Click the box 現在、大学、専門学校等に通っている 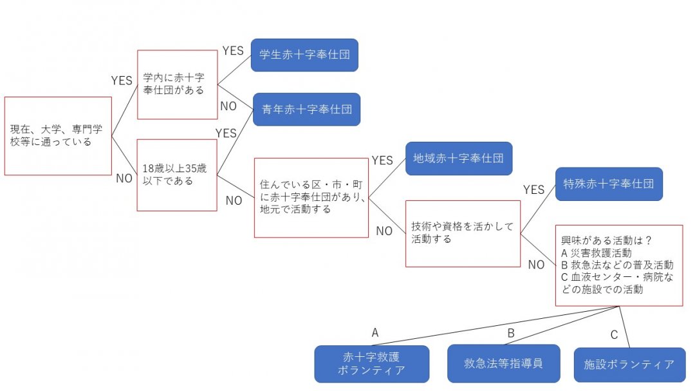click(58, 136)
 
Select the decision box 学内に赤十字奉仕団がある click(178, 84)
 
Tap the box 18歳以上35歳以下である click(177, 175)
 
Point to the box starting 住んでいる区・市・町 click(311, 197)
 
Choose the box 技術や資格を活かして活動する click(463, 233)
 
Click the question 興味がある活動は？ click(607, 241)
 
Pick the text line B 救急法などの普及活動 click(617, 265)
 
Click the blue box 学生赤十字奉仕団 click(304, 55)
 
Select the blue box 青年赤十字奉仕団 click(306, 110)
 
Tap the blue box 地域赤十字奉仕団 click(459, 158)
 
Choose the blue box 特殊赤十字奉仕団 click(609, 184)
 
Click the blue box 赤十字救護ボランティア click(372, 364)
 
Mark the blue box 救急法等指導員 click(503, 363)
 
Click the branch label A click(375, 333)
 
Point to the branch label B click(511, 333)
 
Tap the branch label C click(614, 334)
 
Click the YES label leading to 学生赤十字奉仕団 click(233, 50)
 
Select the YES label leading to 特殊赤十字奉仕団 click(533, 189)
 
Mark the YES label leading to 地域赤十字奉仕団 click(382, 160)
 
